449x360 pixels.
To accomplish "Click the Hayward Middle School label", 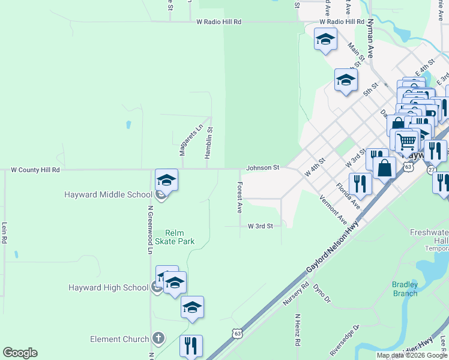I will (109, 194).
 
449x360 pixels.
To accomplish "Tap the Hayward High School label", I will (108, 287).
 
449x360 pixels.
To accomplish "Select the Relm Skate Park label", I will (175, 237).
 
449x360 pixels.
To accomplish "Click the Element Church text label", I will (119, 339).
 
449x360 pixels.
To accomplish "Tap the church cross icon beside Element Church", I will (158, 339).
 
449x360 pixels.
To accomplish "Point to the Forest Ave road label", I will (240, 197).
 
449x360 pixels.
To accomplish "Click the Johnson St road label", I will (263, 168).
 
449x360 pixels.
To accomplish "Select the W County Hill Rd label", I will (36, 170).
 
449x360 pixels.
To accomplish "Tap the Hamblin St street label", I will (209, 142).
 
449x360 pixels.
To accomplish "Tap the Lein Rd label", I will (4, 233).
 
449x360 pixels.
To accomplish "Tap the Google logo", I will (20, 352).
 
